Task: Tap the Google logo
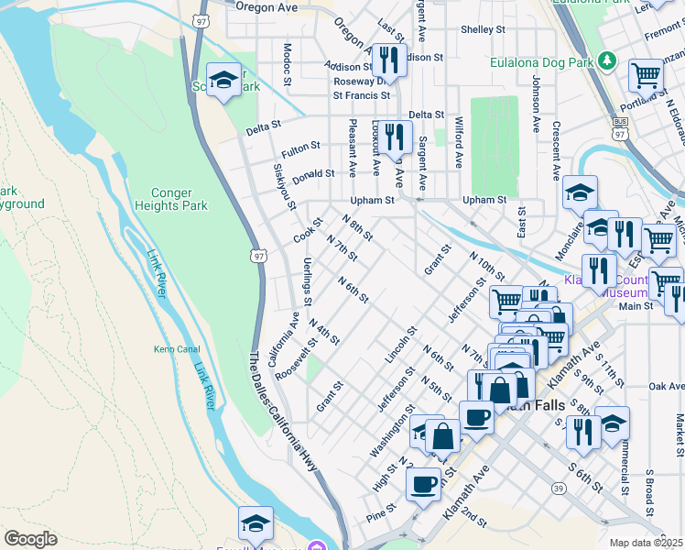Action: (x=30, y=539)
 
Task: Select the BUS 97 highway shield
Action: (x=620, y=127)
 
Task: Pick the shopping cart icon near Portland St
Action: (x=647, y=76)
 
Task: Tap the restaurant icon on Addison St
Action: (x=389, y=60)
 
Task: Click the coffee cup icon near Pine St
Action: (x=423, y=484)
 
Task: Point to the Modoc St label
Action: (x=287, y=65)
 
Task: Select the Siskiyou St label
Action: (x=284, y=186)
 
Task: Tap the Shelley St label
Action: (x=483, y=29)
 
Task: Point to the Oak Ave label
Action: (x=667, y=387)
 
